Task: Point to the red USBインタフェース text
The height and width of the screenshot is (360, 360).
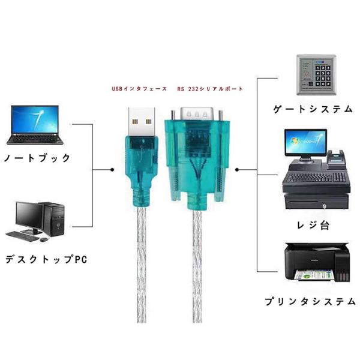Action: (139, 89)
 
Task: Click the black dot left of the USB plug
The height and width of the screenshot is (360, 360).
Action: (113, 170)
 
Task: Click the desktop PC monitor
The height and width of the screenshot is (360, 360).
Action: (28, 214)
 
